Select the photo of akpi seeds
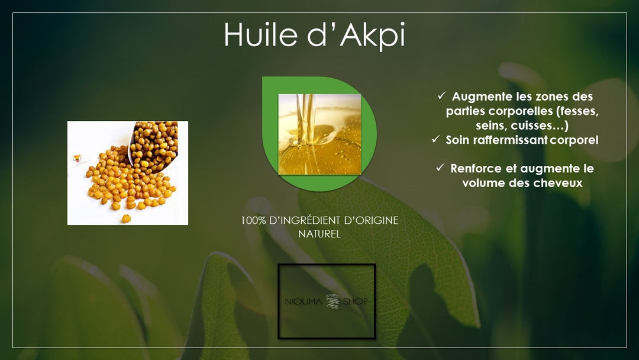tap(128, 173)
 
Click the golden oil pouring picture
tap(319, 134)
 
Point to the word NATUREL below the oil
tap(319, 234)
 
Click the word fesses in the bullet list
tap(577, 111)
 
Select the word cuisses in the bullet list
tap(538, 126)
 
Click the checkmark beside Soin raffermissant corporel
tap(435, 140)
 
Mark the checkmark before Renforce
tap(440, 168)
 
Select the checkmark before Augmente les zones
tap(441, 96)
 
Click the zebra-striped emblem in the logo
tap(331, 301)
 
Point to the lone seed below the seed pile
tap(126, 218)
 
